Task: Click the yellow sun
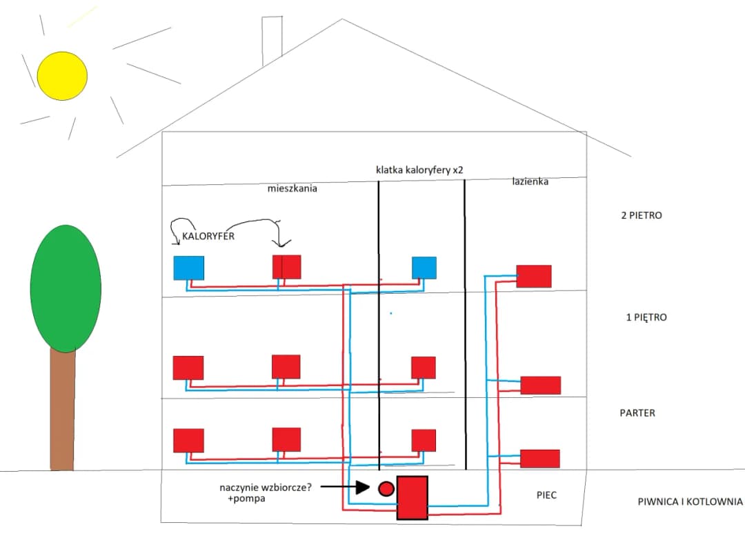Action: (62, 75)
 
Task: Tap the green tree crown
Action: (66, 288)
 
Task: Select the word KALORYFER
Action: (209, 236)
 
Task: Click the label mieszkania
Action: (292, 188)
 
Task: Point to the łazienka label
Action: (530, 182)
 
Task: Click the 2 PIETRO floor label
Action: (642, 215)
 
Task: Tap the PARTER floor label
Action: (637, 413)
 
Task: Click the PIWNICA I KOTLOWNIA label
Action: (690, 502)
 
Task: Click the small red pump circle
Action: (386, 489)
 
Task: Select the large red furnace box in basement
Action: (412, 497)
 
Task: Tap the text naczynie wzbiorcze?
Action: (266, 488)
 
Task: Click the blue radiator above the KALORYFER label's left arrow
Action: (188, 268)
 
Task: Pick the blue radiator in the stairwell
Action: (424, 268)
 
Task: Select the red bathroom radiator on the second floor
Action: (534, 276)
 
